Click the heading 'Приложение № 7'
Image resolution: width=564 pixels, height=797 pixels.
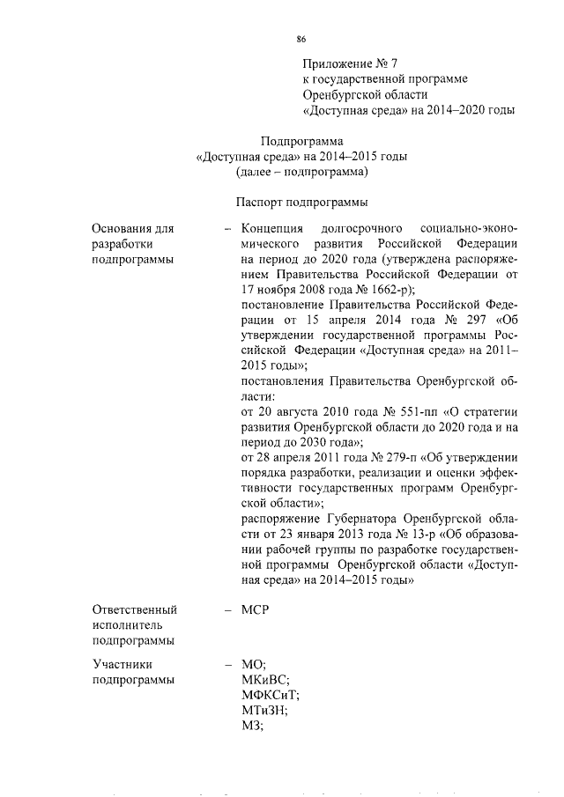[350, 63]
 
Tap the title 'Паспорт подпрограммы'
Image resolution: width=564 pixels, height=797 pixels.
[301, 203]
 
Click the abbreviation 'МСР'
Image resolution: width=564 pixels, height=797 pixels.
[255, 609]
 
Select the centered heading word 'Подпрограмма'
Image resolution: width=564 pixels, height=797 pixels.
[301, 141]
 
